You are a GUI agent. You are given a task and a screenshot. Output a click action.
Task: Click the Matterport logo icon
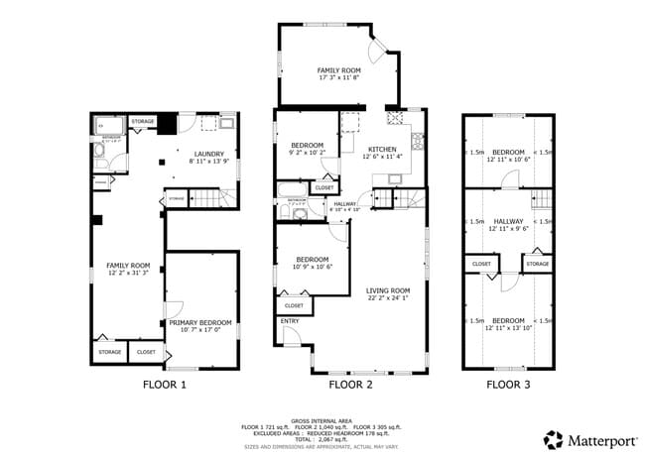(x=552, y=437)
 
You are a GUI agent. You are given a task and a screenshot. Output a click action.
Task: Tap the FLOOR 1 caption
(x=166, y=383)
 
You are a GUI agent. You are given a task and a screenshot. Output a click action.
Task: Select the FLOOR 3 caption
(x=508, y=383)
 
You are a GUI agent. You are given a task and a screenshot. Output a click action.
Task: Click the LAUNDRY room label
(x=208, y=154)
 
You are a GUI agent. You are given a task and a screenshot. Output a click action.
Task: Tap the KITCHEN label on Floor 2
(x=382, y=149)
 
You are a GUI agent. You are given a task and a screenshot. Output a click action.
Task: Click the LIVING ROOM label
(x=388, y=289)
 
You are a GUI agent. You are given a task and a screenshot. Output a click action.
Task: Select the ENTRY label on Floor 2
(x=290, y=321)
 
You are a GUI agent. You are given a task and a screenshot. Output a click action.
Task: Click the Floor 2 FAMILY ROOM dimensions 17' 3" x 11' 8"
(x=338, y=79)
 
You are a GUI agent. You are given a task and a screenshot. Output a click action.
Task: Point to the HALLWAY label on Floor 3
(x=508, y=221)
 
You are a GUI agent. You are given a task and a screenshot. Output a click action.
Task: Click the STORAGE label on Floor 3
(x=537, y=264)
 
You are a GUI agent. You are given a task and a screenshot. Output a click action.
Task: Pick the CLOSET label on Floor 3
(x=481, y=264)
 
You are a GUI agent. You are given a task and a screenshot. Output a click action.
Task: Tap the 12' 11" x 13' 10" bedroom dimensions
(x=508, y=328)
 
